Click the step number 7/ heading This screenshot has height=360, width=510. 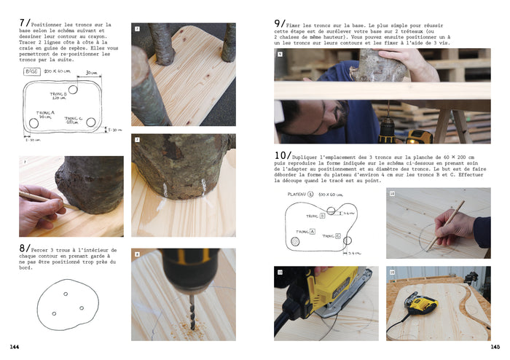point(24,23)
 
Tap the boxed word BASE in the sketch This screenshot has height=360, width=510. point(32,71)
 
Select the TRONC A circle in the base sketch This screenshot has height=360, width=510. point(34,122)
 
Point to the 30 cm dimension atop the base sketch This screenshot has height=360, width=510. point(91,73)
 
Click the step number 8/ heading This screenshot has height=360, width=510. point(24,248)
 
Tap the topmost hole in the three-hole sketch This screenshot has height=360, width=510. point(65,294)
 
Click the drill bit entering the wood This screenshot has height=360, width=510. point(182,306)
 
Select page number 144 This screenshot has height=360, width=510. point(15,347)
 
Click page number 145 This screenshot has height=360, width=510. point(495,347)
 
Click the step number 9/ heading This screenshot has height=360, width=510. point(280,23)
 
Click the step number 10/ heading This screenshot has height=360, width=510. point(282,156)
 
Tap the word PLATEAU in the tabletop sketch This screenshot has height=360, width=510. point(297,195)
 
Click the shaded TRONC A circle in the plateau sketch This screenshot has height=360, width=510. point(294,240)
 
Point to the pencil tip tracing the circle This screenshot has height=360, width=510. point(429,246)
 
